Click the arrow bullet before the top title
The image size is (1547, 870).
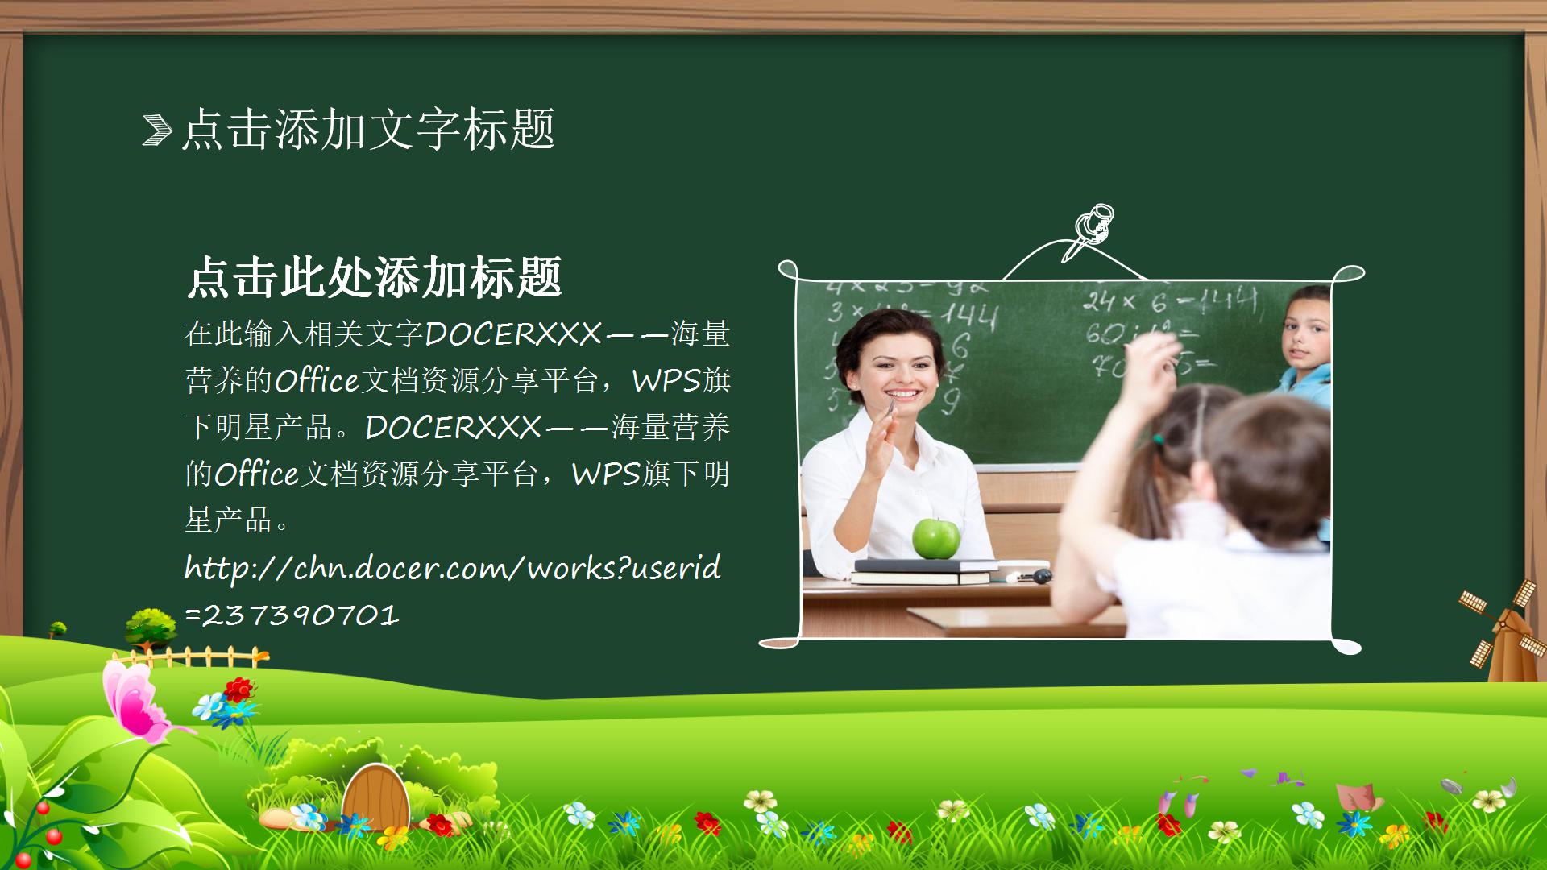click(x=157, y=130)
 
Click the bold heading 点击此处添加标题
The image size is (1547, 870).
click(x=374, y=278)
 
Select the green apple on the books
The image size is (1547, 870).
click(x=935, y=538)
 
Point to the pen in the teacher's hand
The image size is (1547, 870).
click(x=890, y=408)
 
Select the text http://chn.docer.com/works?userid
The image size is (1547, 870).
click(x=452, y=569)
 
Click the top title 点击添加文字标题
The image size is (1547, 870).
click(x=368, y=130)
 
